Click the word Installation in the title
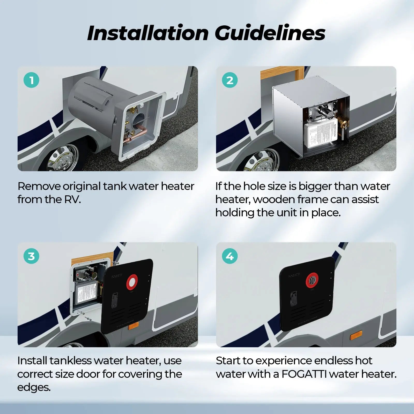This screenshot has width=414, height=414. [147, 33]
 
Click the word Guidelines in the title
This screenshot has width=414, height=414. [270, 33]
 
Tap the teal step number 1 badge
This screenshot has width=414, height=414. [31, 80]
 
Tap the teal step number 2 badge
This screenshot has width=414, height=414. [230, 80]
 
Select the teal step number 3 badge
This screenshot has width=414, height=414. [31, 256]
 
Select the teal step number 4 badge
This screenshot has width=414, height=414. [230, 256]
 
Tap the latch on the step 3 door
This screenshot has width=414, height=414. [114, 300]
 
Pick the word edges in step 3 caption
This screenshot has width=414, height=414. [34, 387]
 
